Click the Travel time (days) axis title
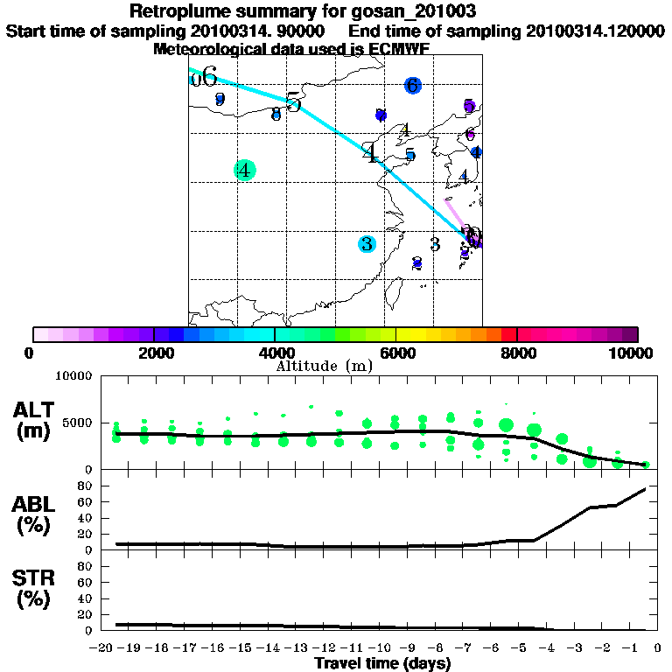(382, 663)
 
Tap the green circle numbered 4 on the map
(245, 170)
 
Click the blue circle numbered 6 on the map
(413, 85)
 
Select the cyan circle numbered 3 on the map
(367, 243)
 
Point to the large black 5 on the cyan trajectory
(293, 102)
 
